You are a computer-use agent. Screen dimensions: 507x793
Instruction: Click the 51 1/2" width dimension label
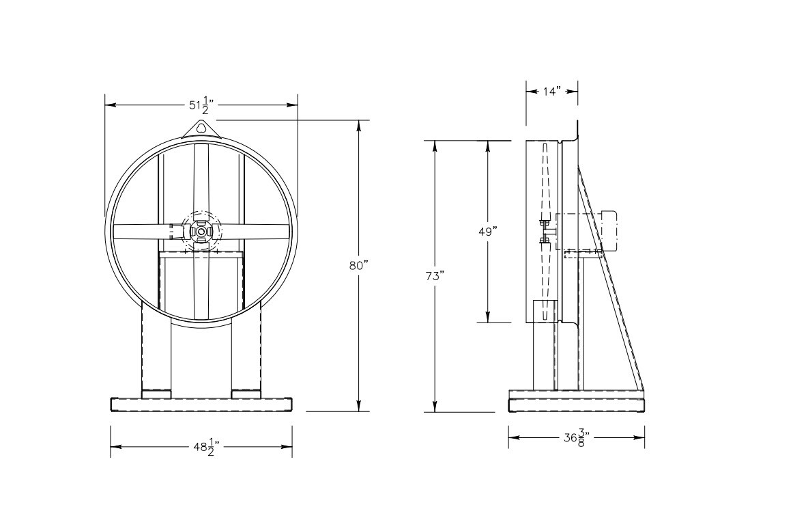201,105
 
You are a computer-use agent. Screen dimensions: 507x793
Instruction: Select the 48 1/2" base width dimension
201,447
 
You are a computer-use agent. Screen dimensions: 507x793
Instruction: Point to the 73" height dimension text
435,276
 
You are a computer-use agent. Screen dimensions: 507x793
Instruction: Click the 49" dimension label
487,231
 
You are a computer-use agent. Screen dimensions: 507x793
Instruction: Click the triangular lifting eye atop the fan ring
201,128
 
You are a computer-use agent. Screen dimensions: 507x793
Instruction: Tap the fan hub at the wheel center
201,232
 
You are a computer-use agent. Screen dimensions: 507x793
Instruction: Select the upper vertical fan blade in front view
201,178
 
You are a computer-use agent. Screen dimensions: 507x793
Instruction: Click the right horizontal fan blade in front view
256,232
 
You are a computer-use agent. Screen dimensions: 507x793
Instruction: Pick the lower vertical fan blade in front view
201,287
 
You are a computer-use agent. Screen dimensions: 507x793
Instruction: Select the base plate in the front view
201,404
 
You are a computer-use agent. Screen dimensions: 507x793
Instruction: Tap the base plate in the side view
577,404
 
